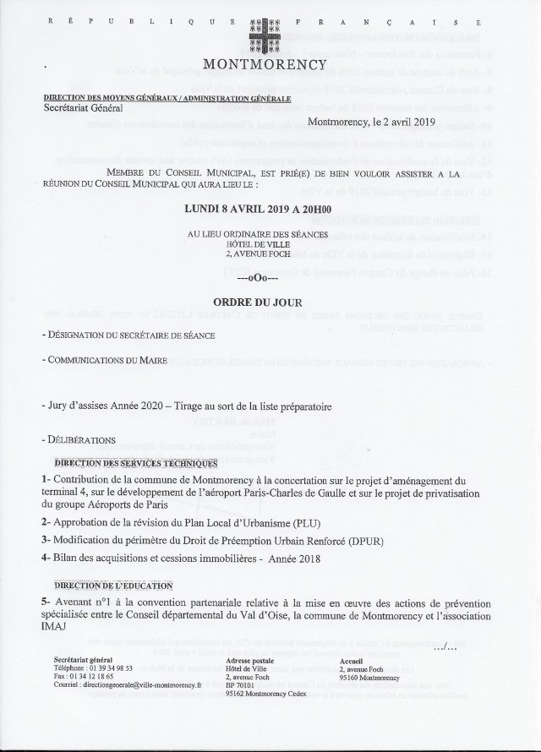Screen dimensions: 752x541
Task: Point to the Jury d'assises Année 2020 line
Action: click(x=186, y=406)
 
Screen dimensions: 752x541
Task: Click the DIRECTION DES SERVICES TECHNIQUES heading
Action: click(x=135, y=463)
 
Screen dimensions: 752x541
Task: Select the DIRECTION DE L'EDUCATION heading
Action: click(x=113, y=585)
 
